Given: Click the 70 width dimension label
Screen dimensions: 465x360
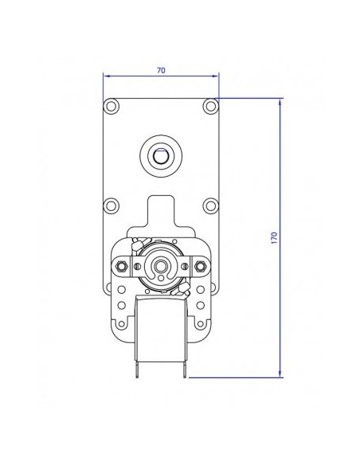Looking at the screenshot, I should tap(161, 70).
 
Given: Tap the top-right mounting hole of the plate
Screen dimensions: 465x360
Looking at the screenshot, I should tap(209, 105).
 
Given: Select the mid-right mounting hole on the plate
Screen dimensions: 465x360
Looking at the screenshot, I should tap(209, 205).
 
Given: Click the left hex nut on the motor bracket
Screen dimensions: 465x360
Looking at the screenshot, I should tap(123, 264).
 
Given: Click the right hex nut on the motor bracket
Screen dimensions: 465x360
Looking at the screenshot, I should tap(199, 264).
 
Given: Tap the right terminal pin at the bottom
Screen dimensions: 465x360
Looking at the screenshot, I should tap(186, 368).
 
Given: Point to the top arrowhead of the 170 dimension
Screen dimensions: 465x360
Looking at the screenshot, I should tap(280, 102).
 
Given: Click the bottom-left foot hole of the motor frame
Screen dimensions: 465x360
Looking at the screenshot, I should tap(120, 324).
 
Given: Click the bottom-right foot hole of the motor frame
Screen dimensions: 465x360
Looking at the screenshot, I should tap(202, 324).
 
